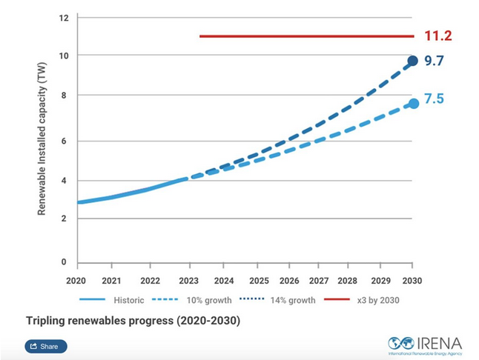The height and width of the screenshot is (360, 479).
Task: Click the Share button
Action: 46,346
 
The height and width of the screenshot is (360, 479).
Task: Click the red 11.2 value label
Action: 438,36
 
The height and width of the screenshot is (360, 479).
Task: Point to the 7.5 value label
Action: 434,99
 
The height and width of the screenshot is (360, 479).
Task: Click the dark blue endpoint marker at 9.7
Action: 413,61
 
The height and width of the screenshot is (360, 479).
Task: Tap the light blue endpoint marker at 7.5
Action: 413,103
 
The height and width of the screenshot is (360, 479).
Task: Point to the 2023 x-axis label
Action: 189,281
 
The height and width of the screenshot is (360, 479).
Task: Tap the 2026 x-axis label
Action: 289,281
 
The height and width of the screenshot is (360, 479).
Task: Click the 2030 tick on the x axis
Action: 412,281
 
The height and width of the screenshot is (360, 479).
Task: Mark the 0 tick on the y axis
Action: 65,262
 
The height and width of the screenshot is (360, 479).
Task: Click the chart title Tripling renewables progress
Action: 133,321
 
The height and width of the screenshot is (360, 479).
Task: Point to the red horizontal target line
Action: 304,36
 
